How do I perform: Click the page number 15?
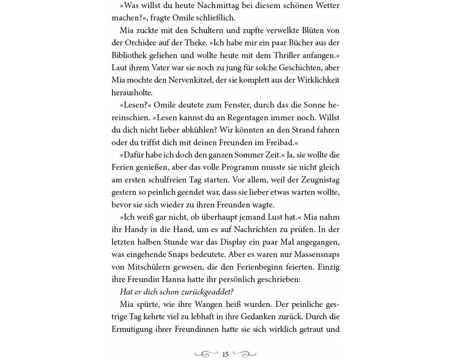pyautogui.click(x=225, y=354)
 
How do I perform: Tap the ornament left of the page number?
pyautogui.click(x=207, y=354)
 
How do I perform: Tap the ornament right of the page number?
pyautogui.click(x=245, y=354)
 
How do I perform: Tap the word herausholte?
pyautogui.click(x=132, y=92)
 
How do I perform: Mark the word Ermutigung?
pyautogui.click(x=133, y=329)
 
